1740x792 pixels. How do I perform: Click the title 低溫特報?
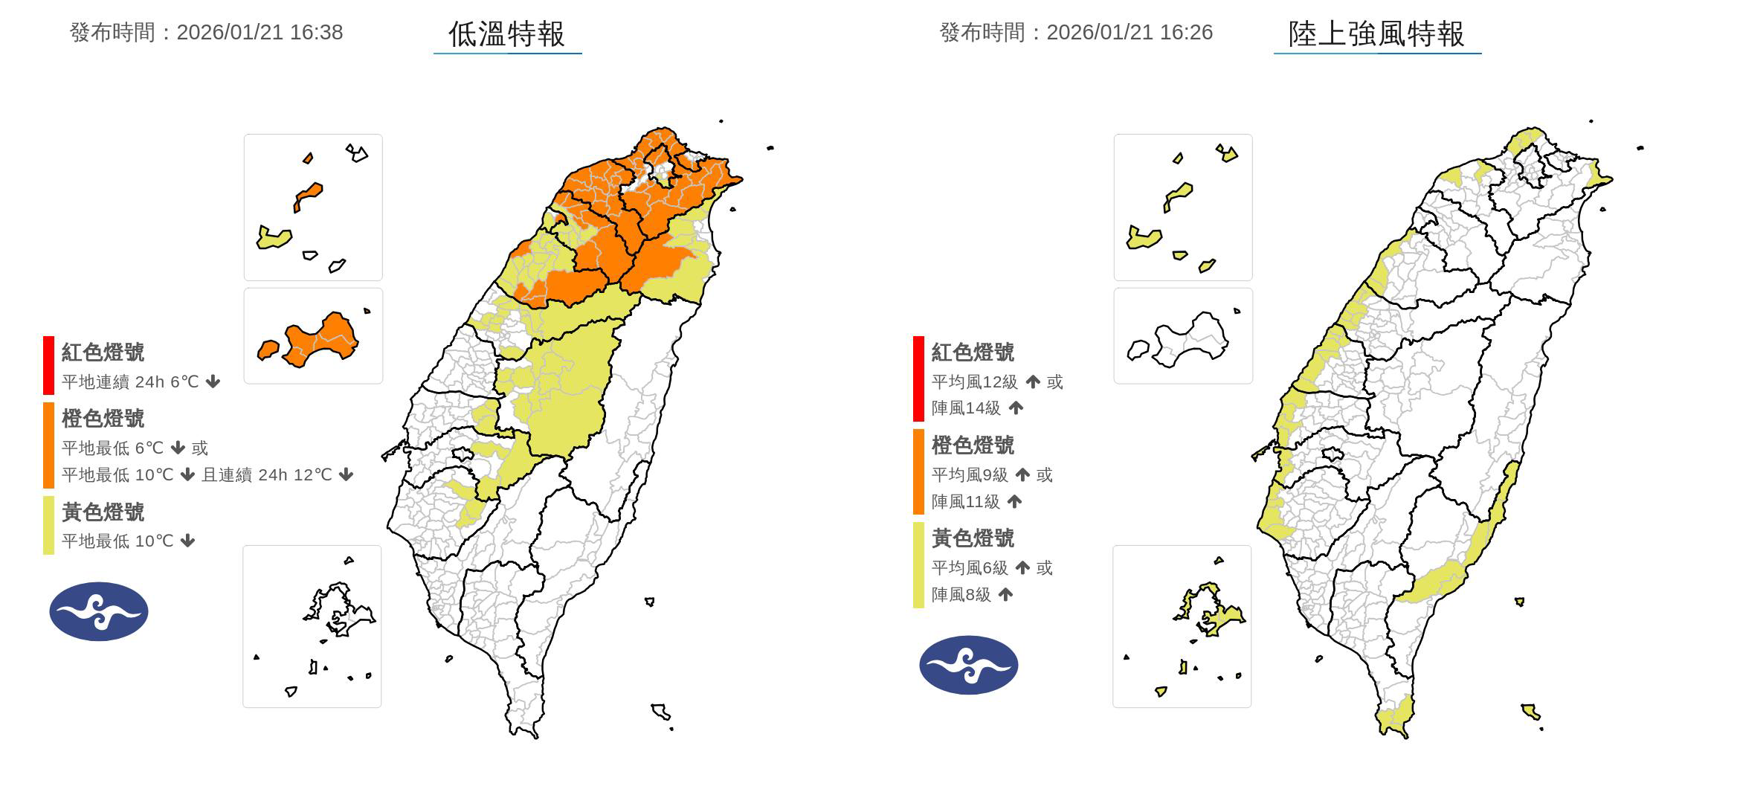(x=506, y=33)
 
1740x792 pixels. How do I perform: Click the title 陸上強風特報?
(x=1376, y=33)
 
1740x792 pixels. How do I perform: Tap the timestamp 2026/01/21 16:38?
(x=260, y=33)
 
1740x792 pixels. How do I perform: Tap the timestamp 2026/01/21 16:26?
(x=1130, y=33)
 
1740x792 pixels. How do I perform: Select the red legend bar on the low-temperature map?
(x=48, y=365)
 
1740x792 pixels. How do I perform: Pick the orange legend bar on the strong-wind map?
(x=918, y=471)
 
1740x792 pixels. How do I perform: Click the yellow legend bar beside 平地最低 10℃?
(x=48, y=525)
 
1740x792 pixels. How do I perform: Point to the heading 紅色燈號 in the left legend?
(x=103, y=352)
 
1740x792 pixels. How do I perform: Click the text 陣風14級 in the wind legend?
(x=965, y=408)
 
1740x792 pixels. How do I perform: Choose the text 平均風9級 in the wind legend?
(x=970, y=475)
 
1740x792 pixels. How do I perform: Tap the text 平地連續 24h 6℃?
(x=130, y=382)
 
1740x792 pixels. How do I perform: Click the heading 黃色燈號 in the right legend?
(x=973, y=538)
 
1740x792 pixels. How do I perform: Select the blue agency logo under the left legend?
(x=99, y=611)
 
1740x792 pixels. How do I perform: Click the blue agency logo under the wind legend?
(x=968, y=665)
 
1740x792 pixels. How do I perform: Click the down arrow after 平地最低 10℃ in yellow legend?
(x=188, y=541)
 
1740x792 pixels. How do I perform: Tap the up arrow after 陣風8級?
(x=1005, y=595)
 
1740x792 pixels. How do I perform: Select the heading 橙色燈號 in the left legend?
(x=103, y=419)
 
